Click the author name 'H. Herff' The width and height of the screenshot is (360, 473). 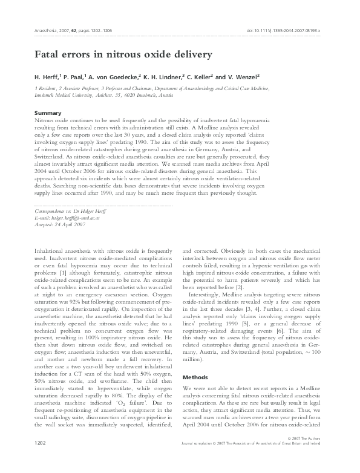(x=48, y=77)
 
